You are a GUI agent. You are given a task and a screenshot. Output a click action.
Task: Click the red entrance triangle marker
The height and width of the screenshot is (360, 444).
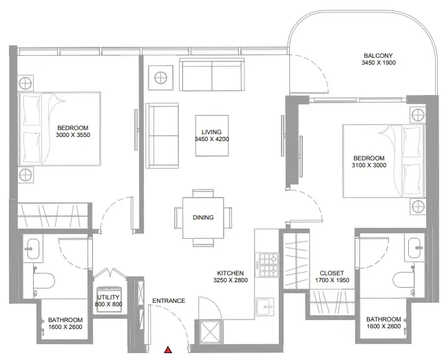click(168, 350)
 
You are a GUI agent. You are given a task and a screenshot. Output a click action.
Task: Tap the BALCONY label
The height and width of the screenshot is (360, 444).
click(379, 56)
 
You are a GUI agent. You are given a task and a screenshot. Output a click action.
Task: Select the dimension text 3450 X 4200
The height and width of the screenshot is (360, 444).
click(212, 139)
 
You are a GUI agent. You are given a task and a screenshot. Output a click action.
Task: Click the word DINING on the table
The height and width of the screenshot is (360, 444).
click(203, 218)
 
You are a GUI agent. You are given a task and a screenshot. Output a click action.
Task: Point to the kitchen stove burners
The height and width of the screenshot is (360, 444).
click(267, 265)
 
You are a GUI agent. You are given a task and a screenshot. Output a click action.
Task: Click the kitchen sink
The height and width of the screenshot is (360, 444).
click(265, 306)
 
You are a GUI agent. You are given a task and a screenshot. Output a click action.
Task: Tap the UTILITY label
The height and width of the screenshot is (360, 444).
click(108, 297)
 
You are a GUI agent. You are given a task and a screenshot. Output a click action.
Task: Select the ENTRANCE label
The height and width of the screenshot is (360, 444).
click(169, 301)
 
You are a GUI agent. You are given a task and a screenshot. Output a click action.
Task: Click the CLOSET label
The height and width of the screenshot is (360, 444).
click(332, 273)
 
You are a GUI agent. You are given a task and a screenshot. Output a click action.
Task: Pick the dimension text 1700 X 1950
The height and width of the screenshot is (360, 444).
click(332, 280)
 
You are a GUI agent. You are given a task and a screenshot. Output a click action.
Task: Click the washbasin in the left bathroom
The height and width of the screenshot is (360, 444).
click(32, 248)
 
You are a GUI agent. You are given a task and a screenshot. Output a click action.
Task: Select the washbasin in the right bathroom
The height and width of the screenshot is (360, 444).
click(414, 248)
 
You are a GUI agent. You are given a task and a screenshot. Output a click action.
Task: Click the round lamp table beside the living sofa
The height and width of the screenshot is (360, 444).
click(160, 78)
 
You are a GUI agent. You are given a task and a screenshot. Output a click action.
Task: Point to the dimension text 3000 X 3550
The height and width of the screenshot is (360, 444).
click(73, 135)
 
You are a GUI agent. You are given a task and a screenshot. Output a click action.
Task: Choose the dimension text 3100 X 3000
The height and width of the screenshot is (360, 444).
click(369, 165)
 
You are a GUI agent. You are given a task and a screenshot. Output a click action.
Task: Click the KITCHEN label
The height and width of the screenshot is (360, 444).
click(230, 273)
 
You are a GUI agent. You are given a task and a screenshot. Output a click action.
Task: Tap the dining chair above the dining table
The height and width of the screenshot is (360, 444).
click(203, 193)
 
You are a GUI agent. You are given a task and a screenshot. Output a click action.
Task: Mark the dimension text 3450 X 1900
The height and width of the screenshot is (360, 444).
click(379, 63)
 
